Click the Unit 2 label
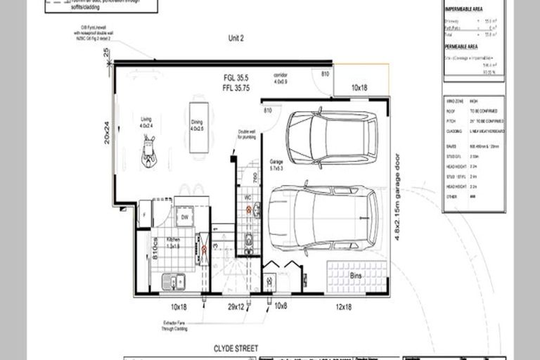click(235, 39)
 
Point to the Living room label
click(146, 120)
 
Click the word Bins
click(357, 276)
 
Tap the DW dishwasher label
click(185, 219)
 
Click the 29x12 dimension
click(236, 307)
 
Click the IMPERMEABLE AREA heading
click(464, 9)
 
